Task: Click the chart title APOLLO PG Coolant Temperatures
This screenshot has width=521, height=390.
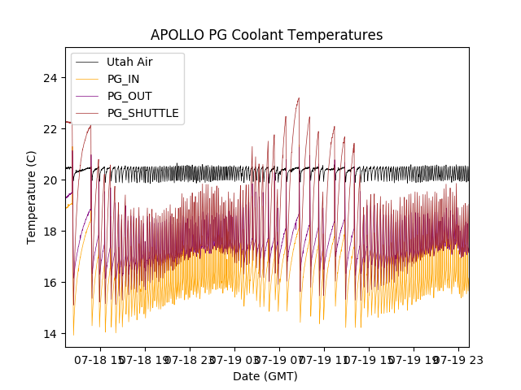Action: click(x=266, y=35)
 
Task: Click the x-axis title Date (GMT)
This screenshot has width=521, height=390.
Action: click(x=265, y=376)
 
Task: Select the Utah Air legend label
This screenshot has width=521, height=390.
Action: click(x=129, y=62)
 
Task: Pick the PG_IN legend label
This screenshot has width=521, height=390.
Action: click(x=123, y=79)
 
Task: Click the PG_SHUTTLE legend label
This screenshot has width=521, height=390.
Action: click(x=142, y=113)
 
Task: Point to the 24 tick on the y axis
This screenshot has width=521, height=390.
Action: click(x=50, y=78)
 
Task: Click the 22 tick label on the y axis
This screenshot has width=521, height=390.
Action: click(x=50, y=129)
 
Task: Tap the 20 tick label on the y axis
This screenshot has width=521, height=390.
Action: click(x=50, y=180)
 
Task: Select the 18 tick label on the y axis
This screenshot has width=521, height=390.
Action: click(x=50, y=232)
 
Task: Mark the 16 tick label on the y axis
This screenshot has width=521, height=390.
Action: click(x=50, y=283)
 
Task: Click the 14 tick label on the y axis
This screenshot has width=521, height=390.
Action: click(x=50, y=334)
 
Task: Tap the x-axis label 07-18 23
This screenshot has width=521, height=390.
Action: click(x=190, y=359)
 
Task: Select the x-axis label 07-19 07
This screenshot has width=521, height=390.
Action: click(x=279, y=359)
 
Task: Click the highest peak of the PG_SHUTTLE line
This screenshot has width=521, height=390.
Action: click(x=299, y=98)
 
